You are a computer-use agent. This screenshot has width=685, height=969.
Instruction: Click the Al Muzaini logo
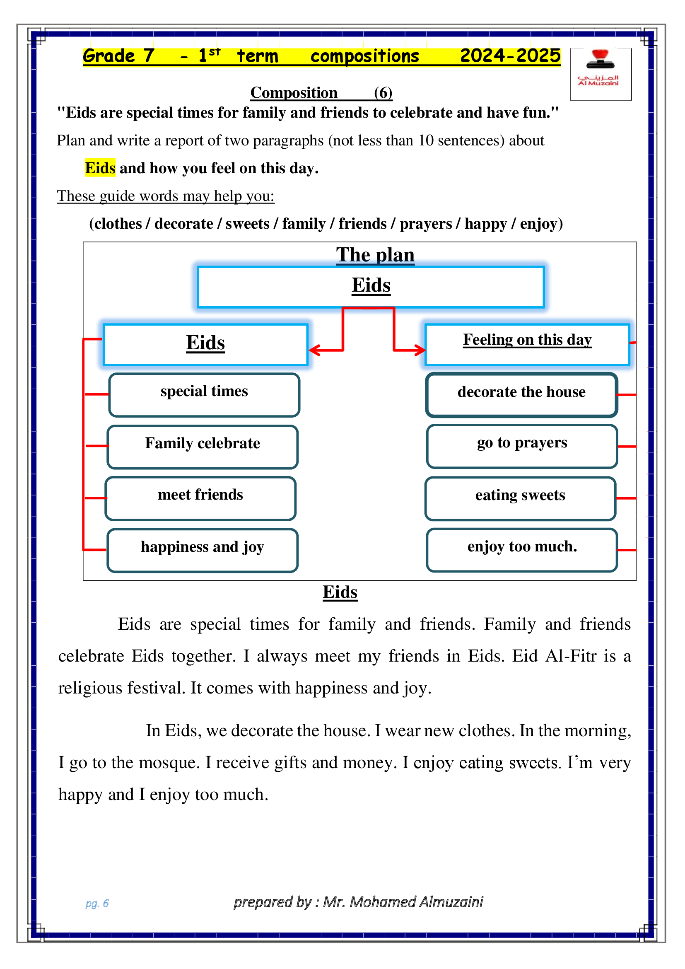coord(600,74)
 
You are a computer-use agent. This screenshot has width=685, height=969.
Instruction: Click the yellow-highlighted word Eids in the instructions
coord(100,168)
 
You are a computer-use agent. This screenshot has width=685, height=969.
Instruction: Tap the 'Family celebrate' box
coord(203,447)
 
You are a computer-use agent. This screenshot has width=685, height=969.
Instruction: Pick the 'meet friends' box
coord(200,498)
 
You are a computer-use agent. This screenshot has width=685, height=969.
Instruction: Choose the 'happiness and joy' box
coord(203,550)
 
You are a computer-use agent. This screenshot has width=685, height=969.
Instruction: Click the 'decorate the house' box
coord(521,395)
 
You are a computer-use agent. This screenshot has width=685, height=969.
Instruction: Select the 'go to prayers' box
coord(522,446)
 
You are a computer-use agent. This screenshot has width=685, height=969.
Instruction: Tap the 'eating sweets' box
coord(520,498)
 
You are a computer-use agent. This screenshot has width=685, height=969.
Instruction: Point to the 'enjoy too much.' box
coord(522,549)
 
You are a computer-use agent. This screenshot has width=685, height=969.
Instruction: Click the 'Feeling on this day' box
coord(527,343)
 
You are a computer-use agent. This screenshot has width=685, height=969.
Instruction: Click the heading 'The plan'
coord(375,255)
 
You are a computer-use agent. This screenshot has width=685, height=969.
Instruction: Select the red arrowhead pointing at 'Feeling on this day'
coord(420,350)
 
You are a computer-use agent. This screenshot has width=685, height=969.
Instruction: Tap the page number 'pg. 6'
coord(97,903)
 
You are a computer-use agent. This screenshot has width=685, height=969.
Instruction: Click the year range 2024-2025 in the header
coord(510,56)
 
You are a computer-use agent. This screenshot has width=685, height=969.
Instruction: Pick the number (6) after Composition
coord(383,92)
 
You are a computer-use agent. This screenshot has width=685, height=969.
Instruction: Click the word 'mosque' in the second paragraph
coord(169,763)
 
